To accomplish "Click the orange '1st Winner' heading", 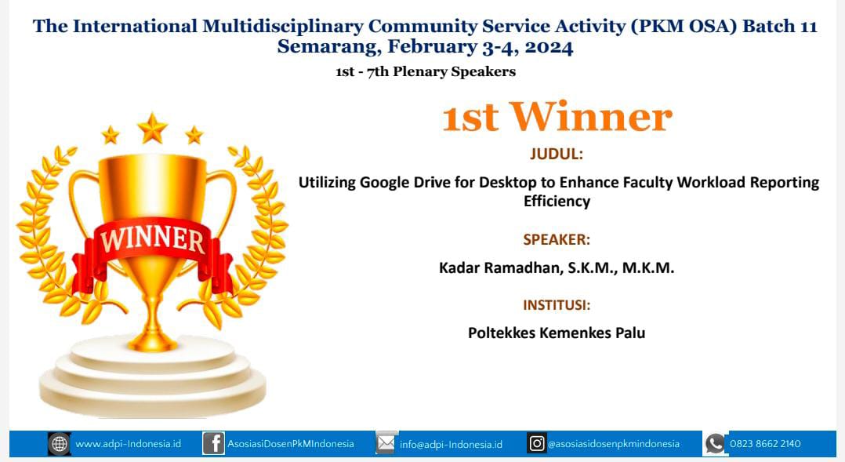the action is tap(557, 116).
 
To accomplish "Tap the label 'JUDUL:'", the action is tap(557, 155).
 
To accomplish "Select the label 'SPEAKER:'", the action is tap(557, 239).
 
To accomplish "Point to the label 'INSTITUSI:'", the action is tap(557, 305).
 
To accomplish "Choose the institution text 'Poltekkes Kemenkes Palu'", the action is tap(557, 333).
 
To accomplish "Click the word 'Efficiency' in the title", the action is tap(557, 201).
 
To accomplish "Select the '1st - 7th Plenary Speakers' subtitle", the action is tap(426, 71).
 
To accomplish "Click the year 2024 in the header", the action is tap(549, 47).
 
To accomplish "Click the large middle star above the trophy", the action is tap(152, 129).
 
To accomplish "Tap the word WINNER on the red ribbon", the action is tap(153, 239).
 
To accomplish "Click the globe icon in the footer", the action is tap(60, 444).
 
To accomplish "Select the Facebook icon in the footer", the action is tap(213, 444).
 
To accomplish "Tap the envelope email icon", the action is tap(386, 443).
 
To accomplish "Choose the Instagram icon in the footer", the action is tap(537, 444).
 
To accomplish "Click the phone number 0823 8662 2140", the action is tap(765, 444).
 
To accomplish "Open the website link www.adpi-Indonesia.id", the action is tap(129, 444).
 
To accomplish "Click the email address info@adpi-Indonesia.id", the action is tap(451, 444).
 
